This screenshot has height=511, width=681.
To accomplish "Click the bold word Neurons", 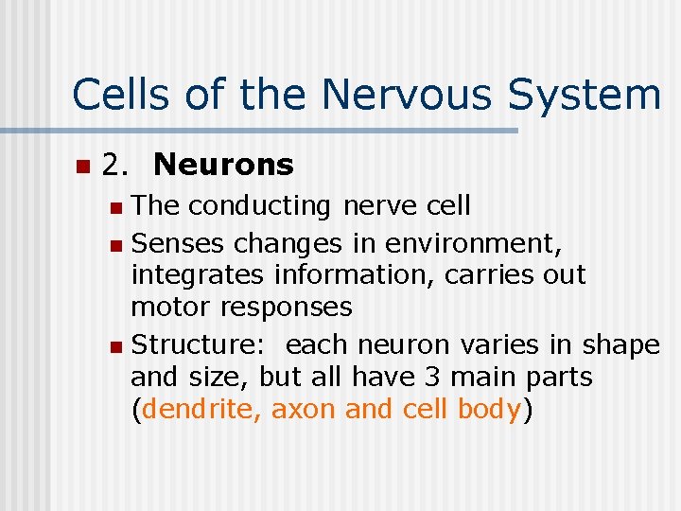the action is click(223, 166).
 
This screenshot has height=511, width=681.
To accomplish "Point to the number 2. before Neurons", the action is click(116, 166).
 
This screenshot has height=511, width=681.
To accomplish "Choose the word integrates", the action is click(199, 275).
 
